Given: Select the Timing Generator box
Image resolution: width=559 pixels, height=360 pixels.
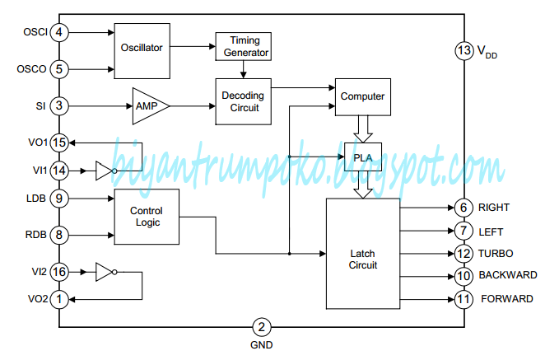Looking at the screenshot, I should coord(243,46).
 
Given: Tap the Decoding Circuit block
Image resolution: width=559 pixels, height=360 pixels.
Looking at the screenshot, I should coord(243,101).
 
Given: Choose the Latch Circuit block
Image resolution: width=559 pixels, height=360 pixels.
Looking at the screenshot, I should coord(362,254).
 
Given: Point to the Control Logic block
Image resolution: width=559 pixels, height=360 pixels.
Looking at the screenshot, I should coord(146,216).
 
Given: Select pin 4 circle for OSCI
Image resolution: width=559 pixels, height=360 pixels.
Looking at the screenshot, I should coord(58,33).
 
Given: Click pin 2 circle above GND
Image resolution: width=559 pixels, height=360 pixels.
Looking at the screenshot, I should coord(260,327).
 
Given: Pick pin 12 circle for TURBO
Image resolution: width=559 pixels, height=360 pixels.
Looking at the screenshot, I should coord(462,254).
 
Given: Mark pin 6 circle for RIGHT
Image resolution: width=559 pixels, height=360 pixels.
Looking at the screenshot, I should coord(462,208).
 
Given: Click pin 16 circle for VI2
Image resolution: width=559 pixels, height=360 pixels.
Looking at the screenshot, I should coord(58,270).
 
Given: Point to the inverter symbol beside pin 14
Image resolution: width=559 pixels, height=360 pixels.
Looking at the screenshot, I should coord(103,171).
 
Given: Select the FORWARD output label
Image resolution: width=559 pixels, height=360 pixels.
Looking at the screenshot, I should coord(506,299).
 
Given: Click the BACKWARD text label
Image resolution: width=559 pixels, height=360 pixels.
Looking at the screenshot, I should coord(508,275).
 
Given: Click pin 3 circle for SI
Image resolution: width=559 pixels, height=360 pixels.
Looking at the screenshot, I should coord(58,105).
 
